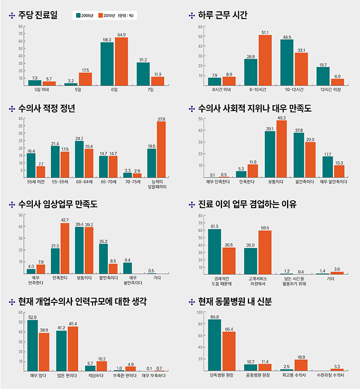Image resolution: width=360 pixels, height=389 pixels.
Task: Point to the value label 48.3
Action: (x=281, y=118)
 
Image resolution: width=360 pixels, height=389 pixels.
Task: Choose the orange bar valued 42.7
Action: (x=65, y=248)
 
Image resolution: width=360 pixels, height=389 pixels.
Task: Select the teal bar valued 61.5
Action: (x=215, y=252)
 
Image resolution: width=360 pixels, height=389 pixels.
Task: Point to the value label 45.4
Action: (x=73, y=324)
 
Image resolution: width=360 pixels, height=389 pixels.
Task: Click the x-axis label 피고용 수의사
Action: (x=294, y=375)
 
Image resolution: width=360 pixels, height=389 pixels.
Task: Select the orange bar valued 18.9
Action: (x=301, y=365)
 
